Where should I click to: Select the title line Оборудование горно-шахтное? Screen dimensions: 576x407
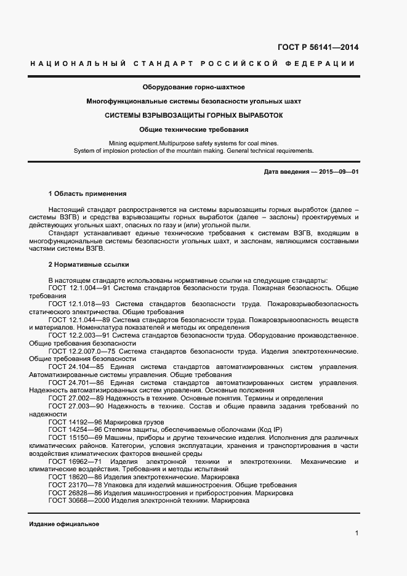[x=193, y=87]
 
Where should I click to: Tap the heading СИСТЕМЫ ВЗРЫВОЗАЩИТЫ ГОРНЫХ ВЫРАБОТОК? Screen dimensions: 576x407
[x=194, y=115]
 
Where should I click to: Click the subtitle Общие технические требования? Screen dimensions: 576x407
[x=194, y=130]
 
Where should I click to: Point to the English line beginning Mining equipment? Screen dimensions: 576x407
[x=193, y=143]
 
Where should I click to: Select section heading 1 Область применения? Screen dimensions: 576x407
[x=87, y=193]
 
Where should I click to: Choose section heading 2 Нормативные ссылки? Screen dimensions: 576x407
[x=89, y=264]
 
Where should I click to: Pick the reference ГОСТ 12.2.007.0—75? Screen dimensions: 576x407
[x=83, y=351]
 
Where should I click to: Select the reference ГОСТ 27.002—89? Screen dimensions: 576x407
[x=76, y=399]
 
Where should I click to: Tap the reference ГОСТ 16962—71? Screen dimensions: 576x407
[x=76, y=461]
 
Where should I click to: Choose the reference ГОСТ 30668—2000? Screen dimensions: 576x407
[x=80, y=501]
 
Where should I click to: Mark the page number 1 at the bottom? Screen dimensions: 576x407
[x=357, y=533]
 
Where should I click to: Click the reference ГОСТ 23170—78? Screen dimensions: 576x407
[x=76, y=485]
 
